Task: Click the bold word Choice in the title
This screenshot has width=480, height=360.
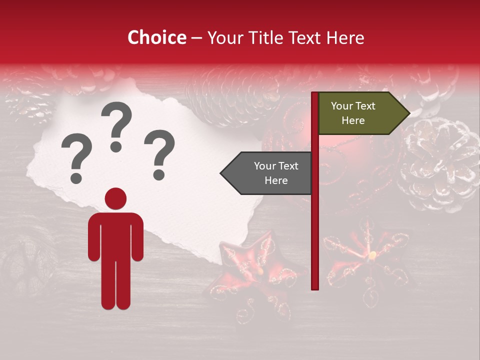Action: tap(156, 37)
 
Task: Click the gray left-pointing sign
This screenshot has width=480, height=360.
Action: tap(270, 173)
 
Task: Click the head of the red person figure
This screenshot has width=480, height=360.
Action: tap(115, 198)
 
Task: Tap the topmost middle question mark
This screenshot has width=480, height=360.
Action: tap(116, 125)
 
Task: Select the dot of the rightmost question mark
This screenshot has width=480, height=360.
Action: tap(159, 175)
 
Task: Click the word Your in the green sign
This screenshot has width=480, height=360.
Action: tap(342, 106)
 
